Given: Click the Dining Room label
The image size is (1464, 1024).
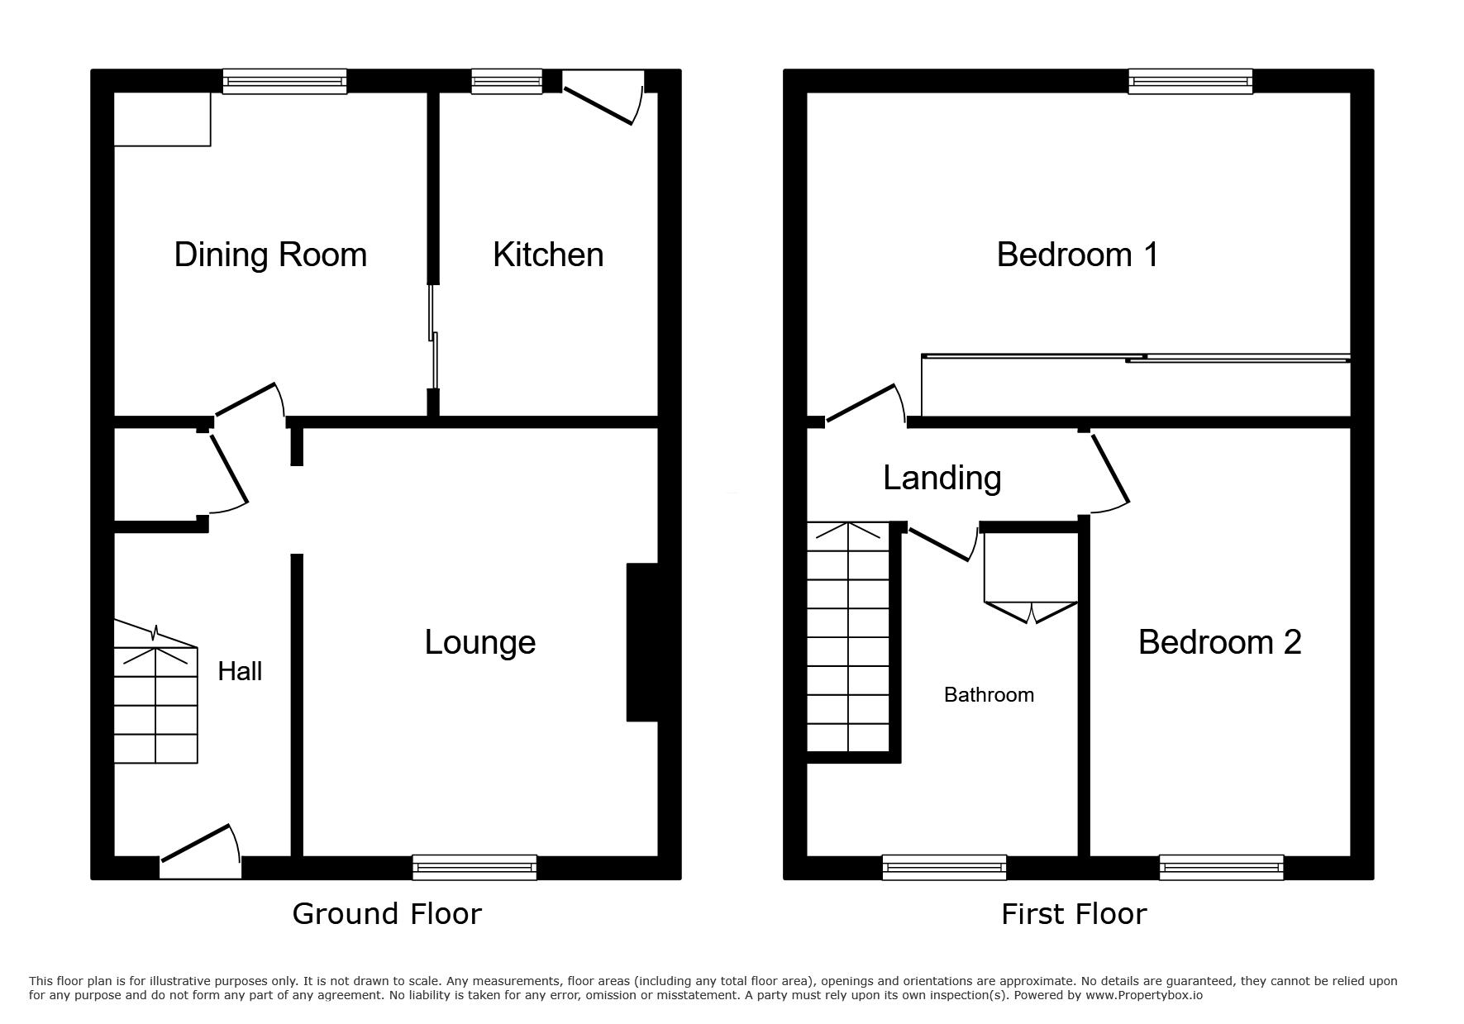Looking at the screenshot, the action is pyautogui.click(x=270, y=255).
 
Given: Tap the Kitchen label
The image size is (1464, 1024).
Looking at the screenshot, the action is pyautogui.click(x=548, y=255).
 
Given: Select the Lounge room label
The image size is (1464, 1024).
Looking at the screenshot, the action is pyautogui.click(x=480, y=643).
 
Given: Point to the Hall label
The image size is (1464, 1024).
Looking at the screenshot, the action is pyautogui.click(x=240, y=671).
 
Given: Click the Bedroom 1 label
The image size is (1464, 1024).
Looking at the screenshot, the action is pyautogui.click(x=1077, y=255).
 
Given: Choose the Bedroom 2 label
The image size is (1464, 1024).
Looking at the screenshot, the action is pyautogui.click(x=1220, y=642).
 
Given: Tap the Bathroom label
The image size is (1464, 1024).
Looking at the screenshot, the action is pyautogui.click(x=989, y=695).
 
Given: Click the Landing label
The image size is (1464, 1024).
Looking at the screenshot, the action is pyautogui.click(x=942, y=478).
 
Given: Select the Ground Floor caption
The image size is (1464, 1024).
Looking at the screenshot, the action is pyautogui.click(x=387, y=914).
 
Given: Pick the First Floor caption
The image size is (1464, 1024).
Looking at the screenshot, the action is pyautogui.click(x=1074, y=914).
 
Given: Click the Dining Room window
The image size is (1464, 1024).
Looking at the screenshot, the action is pyautogui.click(x=284, y=81).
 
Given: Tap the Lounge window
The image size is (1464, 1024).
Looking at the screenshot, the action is pyautogui.click(x=474, y=867).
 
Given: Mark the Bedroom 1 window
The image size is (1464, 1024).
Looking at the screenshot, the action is pyautogui.click(x=1191, y=81).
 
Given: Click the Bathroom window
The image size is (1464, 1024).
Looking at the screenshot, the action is pyautogui.click(x=944, y=867).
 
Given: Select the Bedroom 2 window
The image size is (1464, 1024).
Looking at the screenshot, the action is pyautogui.click(x=1221, y=867).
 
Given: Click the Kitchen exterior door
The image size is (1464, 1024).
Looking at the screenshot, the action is pyautogui.click(x=602, y=98).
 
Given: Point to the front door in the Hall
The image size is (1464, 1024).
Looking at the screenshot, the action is pyautogui.click(x=200, y=851).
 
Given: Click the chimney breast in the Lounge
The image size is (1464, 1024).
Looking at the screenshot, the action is pyautogui.click(x=642, y=642).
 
